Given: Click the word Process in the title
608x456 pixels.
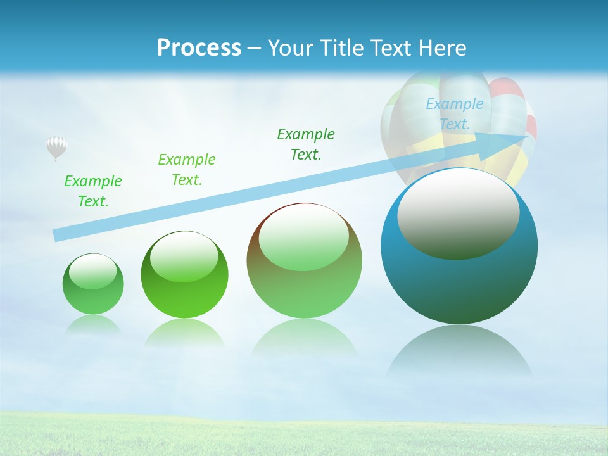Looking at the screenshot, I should coord(199,48).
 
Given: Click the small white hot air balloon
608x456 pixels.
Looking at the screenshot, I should coord(56,147).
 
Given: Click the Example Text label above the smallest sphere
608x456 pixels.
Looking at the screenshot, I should coord(93,191).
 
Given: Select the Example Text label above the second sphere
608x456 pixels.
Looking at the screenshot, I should coord(186,170).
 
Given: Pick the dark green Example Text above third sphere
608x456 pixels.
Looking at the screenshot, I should coord(305,144).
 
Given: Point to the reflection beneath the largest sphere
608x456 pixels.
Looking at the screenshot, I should coord(459,355).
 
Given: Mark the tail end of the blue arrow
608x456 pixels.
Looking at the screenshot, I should coord(57,236).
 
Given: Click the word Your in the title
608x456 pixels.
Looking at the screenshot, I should coord(291,48).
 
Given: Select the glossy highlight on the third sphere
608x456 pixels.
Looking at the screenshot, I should coord(304,237).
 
